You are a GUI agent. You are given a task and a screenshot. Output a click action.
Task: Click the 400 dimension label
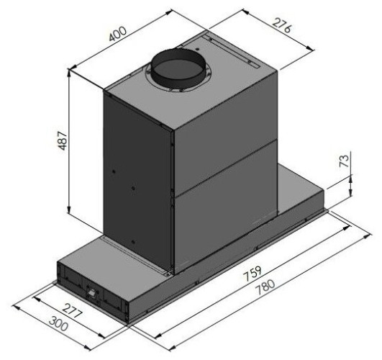(118, 33)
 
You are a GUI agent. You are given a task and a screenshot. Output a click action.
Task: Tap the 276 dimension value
(281, 25)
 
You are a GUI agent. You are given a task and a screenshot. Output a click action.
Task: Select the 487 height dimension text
(63, 140)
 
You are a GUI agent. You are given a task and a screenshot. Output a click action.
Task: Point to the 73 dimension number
(345, 161)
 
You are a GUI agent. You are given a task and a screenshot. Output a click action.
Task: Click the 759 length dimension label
(253, 273)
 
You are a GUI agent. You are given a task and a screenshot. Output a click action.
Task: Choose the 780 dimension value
(265, 288)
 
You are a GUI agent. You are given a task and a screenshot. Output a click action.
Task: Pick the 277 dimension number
(72, 311)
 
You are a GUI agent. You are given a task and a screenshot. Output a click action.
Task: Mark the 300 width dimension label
(58, 323)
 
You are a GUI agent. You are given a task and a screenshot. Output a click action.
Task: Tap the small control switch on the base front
(92, 292)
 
